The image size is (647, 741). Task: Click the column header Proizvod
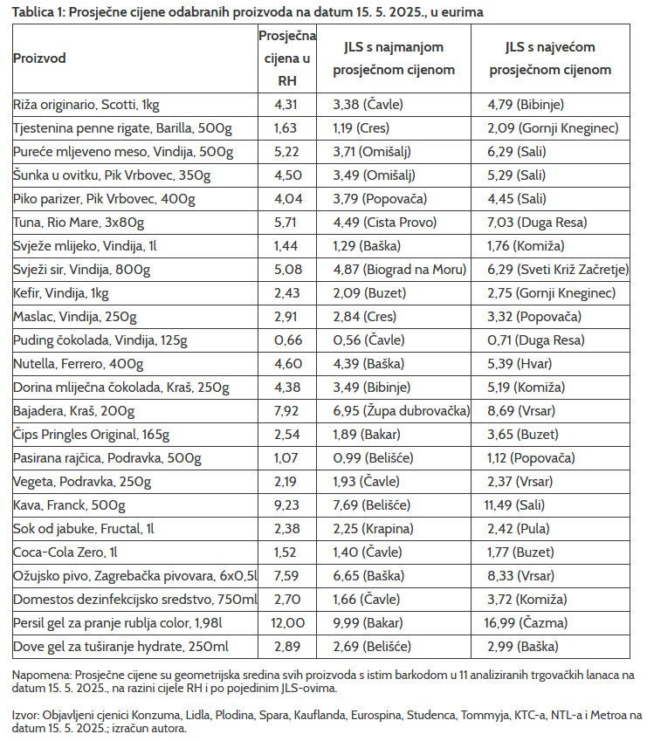pos(39,58)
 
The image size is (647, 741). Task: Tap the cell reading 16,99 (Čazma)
pos(531,623)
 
